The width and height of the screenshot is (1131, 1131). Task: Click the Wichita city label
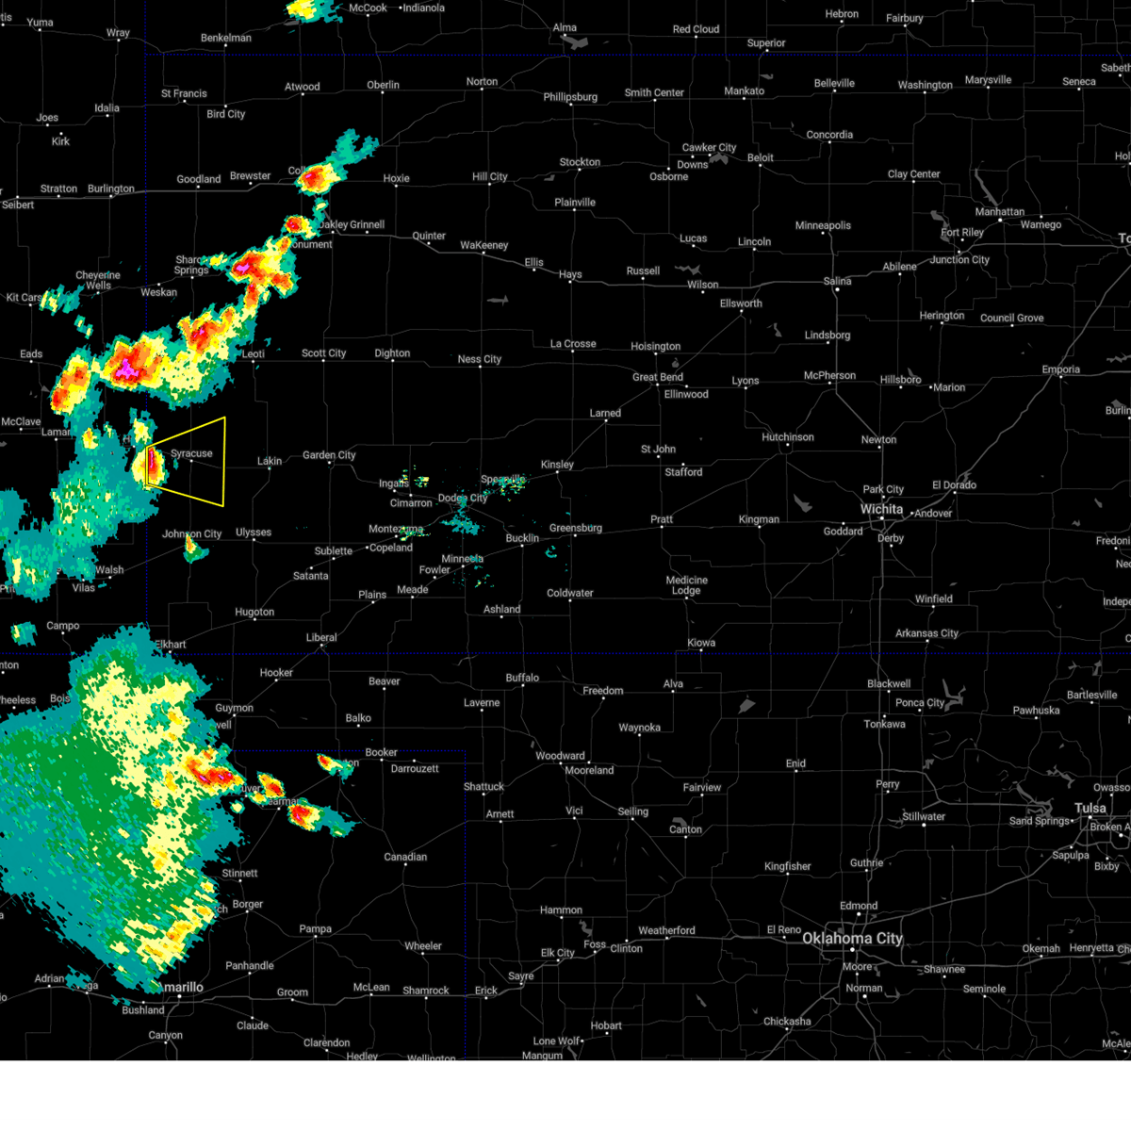(x=881, y=509)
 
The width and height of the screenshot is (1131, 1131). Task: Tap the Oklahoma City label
(x=852, y=938)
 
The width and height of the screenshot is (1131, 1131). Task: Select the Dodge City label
(x=463, y=499)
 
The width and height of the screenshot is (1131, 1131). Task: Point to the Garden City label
(x=329, y=455)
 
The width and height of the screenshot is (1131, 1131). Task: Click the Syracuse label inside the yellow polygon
(x=191, y=453)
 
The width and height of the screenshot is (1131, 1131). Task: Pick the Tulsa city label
(x=1090, y=808)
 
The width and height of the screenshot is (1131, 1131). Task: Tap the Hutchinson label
(x=788, y=437)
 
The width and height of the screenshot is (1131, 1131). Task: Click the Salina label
(x=837, y=281)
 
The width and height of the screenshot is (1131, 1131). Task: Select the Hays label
(x=570, y=274)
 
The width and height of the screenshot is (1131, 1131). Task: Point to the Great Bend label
(x=658, y=377)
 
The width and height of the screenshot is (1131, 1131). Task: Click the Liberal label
(x=321, y=637)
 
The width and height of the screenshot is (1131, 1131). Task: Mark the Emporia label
(x=1060, y=369)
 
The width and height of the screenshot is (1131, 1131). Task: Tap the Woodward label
(x=560, y=756)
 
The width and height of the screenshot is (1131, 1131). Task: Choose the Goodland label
(x=199, y=179)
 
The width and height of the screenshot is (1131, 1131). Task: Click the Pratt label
(x=662, y=519)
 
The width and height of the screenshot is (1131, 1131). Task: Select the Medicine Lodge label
(x=686, y=585)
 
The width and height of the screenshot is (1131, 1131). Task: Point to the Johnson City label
(x=192, y=533)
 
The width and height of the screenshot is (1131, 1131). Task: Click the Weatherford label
(x=666, y=930)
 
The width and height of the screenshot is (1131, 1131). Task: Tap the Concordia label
(x=829, y=135)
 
